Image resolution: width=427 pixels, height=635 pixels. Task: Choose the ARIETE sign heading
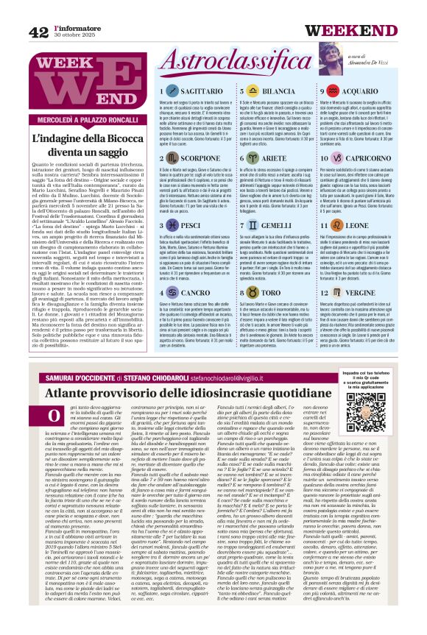point(274,159)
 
